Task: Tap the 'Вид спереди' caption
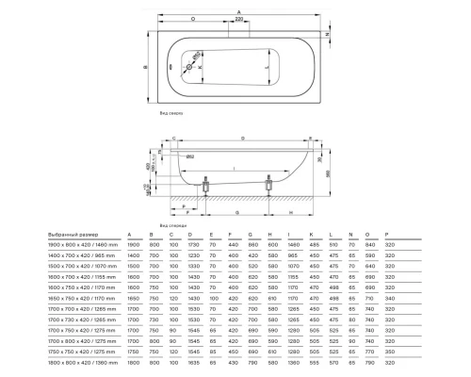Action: click(172, 226)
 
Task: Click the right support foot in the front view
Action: click(271, 188)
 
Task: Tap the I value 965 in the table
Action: click(291, 255)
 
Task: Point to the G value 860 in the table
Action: click(251, 244)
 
